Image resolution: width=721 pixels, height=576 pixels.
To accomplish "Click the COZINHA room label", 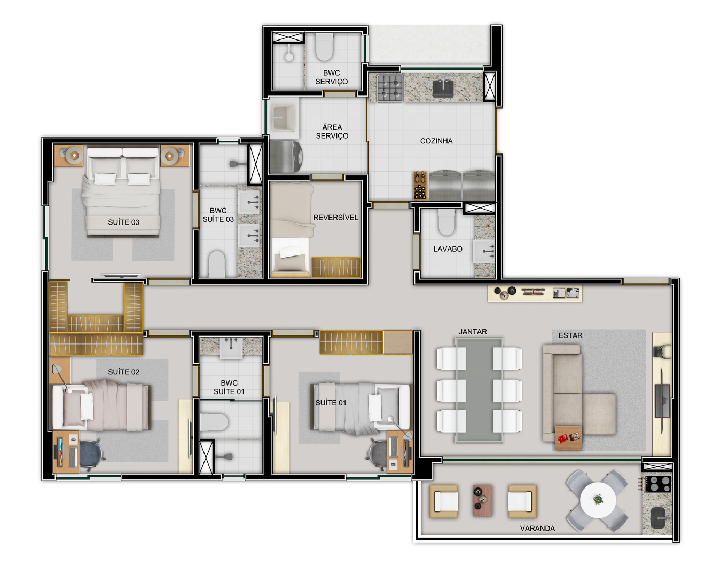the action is pos(436,141).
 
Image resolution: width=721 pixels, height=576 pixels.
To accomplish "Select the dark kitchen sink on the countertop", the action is pos(443,89).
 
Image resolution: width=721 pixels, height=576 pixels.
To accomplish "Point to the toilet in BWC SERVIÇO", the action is pos(324,46).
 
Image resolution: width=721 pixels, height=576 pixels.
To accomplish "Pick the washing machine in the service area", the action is pos(286,157).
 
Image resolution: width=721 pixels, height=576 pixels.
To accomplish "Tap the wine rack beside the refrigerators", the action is pos(419,186).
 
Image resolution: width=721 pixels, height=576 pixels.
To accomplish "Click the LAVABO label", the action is pos(448,249).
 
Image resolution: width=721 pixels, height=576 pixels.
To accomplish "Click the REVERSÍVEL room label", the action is pos(335,218).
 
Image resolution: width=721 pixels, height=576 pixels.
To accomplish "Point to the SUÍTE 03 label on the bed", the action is pos(123,222).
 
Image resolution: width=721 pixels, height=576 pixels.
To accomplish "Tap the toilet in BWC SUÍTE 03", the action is pos(217,265).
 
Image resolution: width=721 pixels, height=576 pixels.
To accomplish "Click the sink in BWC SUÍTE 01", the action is pos(231,348).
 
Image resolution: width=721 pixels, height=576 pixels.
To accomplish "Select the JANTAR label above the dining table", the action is pos(473,332).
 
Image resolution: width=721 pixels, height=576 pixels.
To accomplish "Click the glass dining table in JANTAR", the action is pos(479,389).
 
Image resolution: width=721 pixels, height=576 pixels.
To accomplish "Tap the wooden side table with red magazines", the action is pos(568,438).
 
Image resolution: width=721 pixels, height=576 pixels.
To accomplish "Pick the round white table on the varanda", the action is pos(598,500).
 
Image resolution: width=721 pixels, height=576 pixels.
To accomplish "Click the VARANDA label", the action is pos(537,528).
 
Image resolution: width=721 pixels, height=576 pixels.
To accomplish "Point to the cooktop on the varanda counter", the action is pos(658,484).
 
